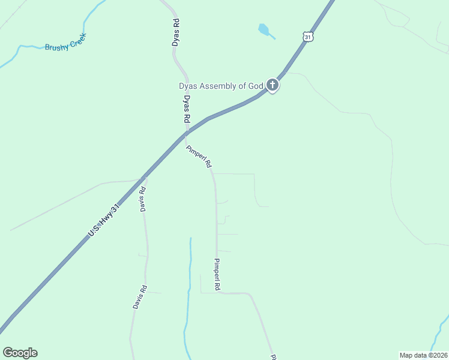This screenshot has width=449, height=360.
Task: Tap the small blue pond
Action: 263,29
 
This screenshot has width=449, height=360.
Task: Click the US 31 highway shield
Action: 308,37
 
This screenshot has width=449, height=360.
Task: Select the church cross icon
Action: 273,85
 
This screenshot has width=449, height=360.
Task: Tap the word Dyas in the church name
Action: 188,86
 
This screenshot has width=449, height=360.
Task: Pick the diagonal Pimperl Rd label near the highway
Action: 199,157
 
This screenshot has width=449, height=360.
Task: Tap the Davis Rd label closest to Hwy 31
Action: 143,200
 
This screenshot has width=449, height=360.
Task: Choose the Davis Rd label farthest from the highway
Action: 140,296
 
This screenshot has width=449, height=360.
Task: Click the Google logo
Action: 20,353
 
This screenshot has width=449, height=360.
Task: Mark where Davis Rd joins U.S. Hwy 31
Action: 142,178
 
